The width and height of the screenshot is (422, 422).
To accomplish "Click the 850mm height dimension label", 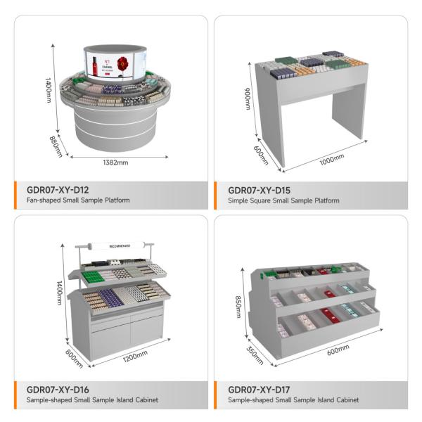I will (x=238, y=307).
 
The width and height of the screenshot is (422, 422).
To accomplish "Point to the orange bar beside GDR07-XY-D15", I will (x=217, y=195).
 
